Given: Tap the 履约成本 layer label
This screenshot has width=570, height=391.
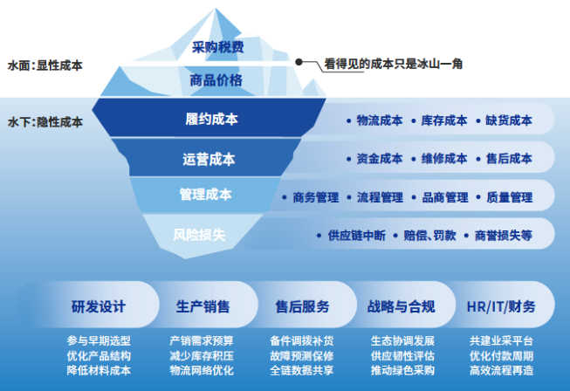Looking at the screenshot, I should tap(211, 119).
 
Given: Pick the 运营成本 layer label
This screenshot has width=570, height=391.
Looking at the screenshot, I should tap(209, 159).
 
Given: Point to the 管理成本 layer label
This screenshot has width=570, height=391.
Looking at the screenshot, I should tap(205, 194).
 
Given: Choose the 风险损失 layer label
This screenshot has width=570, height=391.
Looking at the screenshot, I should tap(200, 233).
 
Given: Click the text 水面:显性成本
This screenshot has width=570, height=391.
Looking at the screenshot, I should tap(45, 65).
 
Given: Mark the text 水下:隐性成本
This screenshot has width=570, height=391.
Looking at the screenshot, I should tap(45, 122).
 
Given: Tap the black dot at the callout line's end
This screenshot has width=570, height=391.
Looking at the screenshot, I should tap(299, 63).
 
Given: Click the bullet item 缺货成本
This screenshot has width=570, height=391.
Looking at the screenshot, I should tap(509, 120).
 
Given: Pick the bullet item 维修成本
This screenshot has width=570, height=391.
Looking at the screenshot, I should tap(444, 159).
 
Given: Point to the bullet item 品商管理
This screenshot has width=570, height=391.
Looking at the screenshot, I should tap(444, 197).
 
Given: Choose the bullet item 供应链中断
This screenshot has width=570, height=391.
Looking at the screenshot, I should tap(354, 235).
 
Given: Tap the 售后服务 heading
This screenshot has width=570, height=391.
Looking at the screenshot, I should tap(302, 307).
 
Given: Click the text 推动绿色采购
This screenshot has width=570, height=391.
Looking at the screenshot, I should tap(401, 370).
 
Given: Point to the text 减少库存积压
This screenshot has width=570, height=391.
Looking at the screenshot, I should tap(202, 355).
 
